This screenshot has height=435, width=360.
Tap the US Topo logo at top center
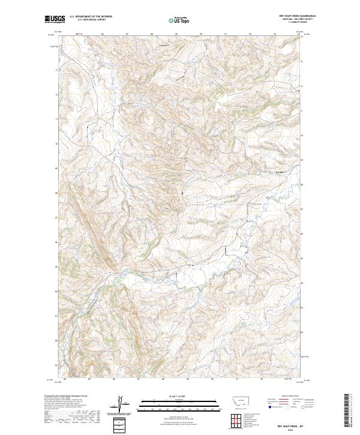tap(179, 20)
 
